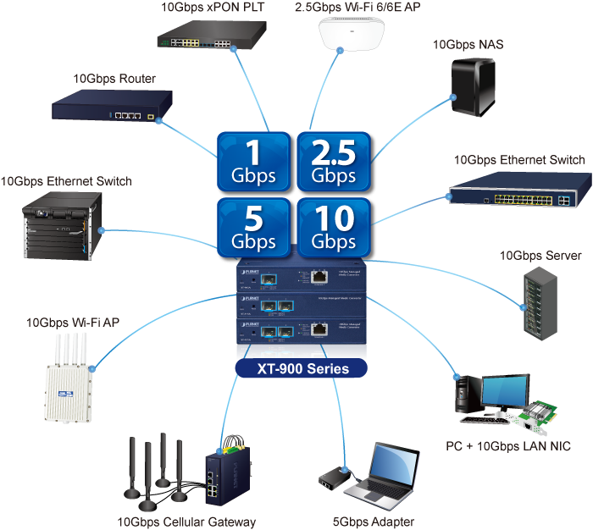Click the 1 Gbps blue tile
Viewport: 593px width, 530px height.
(252, 163)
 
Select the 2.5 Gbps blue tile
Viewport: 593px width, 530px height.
(334, 163)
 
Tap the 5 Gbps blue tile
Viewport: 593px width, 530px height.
(252, 228)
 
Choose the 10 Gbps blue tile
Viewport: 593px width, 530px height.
(334, 228)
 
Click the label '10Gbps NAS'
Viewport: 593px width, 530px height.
(468, 45)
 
